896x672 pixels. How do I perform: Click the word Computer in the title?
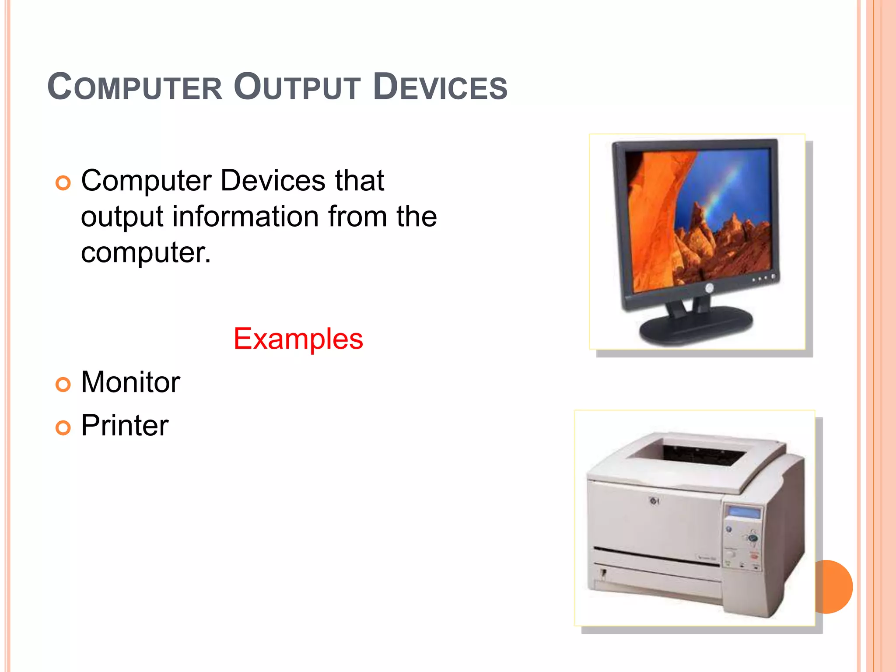pyautogui.click(x=135, y=87)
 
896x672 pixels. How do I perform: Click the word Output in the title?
pyautogui.click(x=297, y=87)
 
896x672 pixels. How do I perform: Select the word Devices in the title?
pyautogui.click(x=441, y=87)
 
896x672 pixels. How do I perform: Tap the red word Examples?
pyautogui.click(x=298, y=339)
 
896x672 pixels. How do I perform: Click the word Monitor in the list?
pyautogui.click(x=130, y=382)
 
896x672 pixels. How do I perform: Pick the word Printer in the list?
pyautogui.click(x=125, y=425)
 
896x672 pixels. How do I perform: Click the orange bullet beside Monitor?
pyautogui.click(x=63, y=385)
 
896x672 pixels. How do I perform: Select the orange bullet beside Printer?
pyautogui.click(x=63, y=428)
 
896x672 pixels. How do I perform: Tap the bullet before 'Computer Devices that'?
pyautogui.click(x=63, y=183)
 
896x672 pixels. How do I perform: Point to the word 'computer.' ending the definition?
pyautogui.click(x=146, y=252)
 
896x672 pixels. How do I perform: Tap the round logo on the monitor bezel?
pyautogui.click(x=709, y=288)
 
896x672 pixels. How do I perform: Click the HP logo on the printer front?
pyautogui.click(x=654, y=501)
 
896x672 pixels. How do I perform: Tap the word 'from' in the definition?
pyautogui.click(x=357, y=217)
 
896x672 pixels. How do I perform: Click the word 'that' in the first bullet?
pyautogui.click(x=359, y=181)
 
